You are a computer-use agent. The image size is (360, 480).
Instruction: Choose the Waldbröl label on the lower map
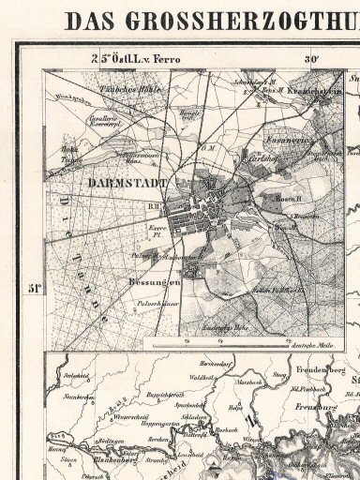click(227, 378)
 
